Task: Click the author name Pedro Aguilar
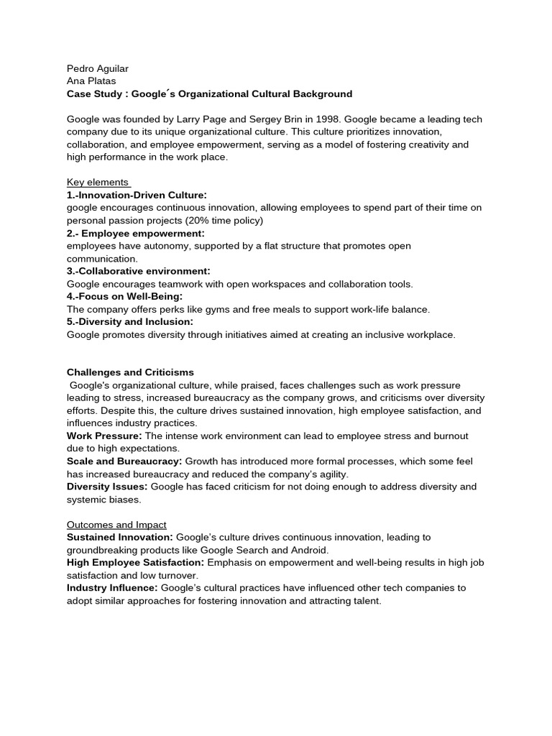[x=98, y=68]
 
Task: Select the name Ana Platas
[x=91, y=81]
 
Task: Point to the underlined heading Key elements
[x=98, y=182]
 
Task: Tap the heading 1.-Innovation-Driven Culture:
[x=137, y=195]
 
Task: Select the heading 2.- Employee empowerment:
[x=136, y=233]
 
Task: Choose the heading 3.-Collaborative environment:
[x=139, y=271]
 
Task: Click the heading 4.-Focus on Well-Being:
[x=125, y=296]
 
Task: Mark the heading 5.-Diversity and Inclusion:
[x=130, y=321]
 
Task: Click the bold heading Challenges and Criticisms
[x=130, y=372]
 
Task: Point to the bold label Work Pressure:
[x=105, y=436]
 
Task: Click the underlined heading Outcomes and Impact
[x=116, y=525]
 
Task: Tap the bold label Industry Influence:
[x=112, y=587]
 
